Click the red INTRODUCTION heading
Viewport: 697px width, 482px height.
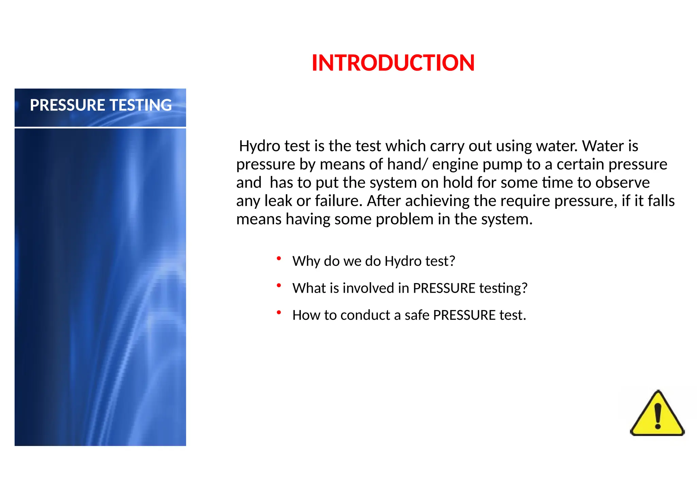pyautogui.click(x=393, y=63)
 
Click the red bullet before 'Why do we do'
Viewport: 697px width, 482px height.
pyautogui.click(x=279, y=259)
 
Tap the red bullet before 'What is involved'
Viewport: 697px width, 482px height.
pyautogui.click(x=279, y=286)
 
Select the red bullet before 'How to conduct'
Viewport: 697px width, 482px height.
pyautogui.click(x=279, y=312)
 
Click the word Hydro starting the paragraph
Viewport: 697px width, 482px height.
pyautogui.click(x=260, y=146)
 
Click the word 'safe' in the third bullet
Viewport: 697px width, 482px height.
pyautogui.click(x=417, y=315)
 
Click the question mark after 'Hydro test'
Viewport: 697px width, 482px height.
pyautogui.click(x=452, y=261)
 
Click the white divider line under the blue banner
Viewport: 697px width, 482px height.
pyautogui.click(x=100, y=127)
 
